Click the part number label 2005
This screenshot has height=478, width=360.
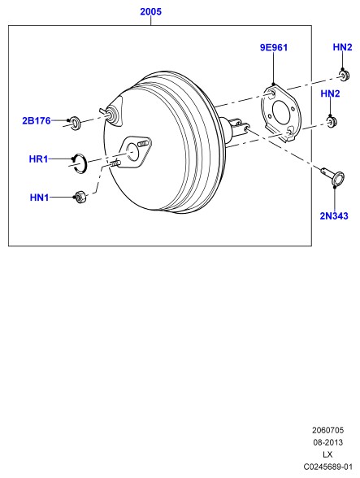150,11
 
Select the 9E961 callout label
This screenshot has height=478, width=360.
273,47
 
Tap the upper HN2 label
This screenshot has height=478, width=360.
342,47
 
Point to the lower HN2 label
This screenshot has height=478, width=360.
330,93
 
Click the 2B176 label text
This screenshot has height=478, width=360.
37,120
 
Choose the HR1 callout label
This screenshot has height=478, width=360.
38,159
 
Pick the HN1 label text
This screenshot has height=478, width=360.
39,198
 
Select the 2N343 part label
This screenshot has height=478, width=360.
334,216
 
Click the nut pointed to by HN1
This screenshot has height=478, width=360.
80,197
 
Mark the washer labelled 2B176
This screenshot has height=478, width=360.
75,123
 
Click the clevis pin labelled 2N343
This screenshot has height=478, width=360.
333,176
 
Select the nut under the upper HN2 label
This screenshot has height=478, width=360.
345,76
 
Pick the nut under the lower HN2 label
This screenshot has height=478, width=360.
332,122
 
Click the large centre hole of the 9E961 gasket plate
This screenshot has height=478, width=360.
280,112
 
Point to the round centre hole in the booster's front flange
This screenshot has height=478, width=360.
132,151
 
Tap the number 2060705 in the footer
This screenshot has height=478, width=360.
327,430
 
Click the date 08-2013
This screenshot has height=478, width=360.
327,442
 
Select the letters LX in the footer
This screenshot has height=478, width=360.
327,454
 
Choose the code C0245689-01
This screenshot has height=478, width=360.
327,467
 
